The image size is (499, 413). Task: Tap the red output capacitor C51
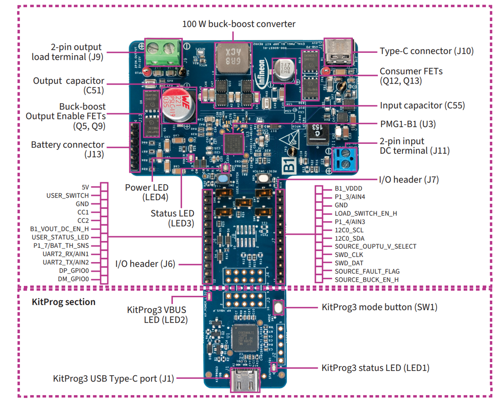178,105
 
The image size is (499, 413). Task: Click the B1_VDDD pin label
349,188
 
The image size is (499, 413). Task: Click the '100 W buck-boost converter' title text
239,24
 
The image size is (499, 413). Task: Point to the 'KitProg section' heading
63,302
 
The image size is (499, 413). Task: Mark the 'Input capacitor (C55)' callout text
422,105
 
